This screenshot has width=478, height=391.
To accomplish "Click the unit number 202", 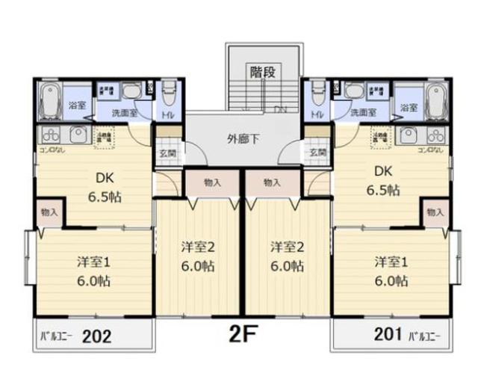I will coord(96,336).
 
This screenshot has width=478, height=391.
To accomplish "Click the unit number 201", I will coord(387,334).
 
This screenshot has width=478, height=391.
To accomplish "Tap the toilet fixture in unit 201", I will coord(318,95).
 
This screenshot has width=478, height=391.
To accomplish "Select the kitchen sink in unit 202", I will coord(78,136).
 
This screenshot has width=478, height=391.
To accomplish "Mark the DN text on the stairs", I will coord(280,110).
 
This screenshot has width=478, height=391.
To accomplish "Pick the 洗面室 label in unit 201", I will coord(363,112).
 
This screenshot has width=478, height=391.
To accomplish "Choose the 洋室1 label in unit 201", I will coord(391,262).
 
